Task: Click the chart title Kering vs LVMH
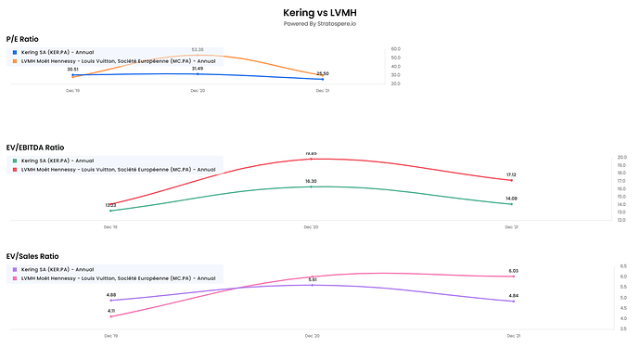tap(319, 13)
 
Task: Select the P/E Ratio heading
tap(23, 39)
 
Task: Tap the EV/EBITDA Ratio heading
tap(35, 147)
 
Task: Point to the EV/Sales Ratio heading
tap(32, 255)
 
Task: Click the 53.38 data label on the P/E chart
tap(198, 49)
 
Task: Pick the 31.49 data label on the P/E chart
tap(198, 68)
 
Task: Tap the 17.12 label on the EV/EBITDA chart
tap(511, 174)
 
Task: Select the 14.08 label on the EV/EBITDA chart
tap(511, 198)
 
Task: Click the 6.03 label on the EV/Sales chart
tap(513, 270)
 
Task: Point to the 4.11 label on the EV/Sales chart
tap(110, 310)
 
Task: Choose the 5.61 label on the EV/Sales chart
tap(313, 278)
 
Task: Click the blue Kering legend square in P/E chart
tap(14, 52)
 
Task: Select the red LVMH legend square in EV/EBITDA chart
tap(14, 170)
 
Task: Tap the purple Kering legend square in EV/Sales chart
tap(14, 269)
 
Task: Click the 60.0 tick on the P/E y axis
tap(395, 48)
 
